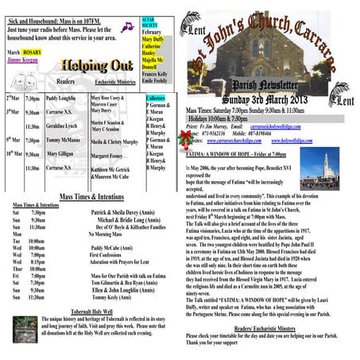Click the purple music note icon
pos(126,26)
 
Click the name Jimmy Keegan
pos(21,59)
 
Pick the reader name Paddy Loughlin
pos(60,97)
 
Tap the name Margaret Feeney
pos(107,156)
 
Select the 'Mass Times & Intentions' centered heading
pos(90,195)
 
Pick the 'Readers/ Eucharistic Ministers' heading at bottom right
pos(263,327)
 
